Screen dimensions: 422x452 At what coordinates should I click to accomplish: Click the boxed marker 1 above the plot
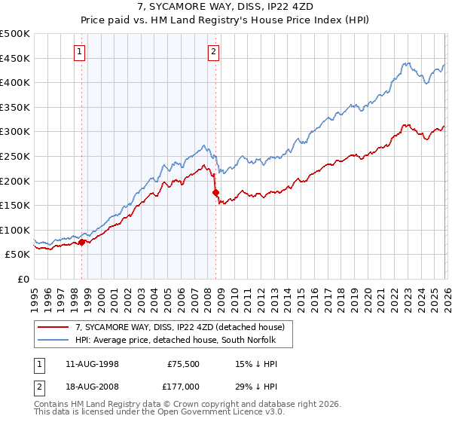[x=80, y=52]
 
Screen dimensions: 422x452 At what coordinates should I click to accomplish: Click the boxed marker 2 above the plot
[x=214, y=52]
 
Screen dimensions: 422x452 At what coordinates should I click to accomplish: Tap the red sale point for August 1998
[x=82, y=242]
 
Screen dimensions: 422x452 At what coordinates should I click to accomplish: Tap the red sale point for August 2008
[x=215, y=192]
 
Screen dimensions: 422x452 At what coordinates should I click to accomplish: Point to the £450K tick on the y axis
[x=15, y=58]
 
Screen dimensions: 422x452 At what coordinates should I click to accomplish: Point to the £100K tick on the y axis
[x=15, y=230]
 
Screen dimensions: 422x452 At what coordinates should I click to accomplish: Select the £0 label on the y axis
[x=23, y=279]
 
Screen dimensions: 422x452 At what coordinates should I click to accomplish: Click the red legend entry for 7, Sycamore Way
[x=179, y=327]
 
